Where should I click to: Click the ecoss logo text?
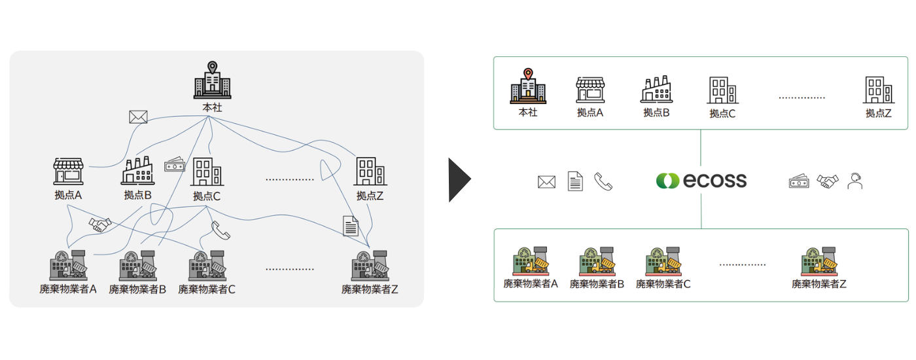[714, 181]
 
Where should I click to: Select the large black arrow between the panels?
[459, 180]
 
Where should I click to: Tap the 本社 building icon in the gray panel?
[212, 81]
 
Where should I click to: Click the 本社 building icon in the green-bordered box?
[527, 86]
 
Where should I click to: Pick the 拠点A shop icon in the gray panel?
[69, 171]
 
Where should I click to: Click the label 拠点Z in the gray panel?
[370, 196]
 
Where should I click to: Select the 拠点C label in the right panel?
[722, 113]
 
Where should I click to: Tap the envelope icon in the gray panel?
[138, 117]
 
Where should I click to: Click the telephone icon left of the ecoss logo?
[603, 181]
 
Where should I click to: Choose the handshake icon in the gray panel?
[100, 225]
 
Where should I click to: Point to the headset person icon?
[854, 181]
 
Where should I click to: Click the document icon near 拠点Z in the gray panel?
[351, 226]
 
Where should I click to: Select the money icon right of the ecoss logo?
[799, 181]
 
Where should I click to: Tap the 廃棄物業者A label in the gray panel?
[68, 289]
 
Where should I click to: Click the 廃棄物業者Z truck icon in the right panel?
[819, 262]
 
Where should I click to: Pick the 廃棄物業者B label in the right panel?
[597, 284]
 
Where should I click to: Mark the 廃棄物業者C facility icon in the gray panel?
[207, 266]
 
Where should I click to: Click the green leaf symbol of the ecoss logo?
[668, 181]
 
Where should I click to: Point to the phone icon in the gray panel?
[220, 230]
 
